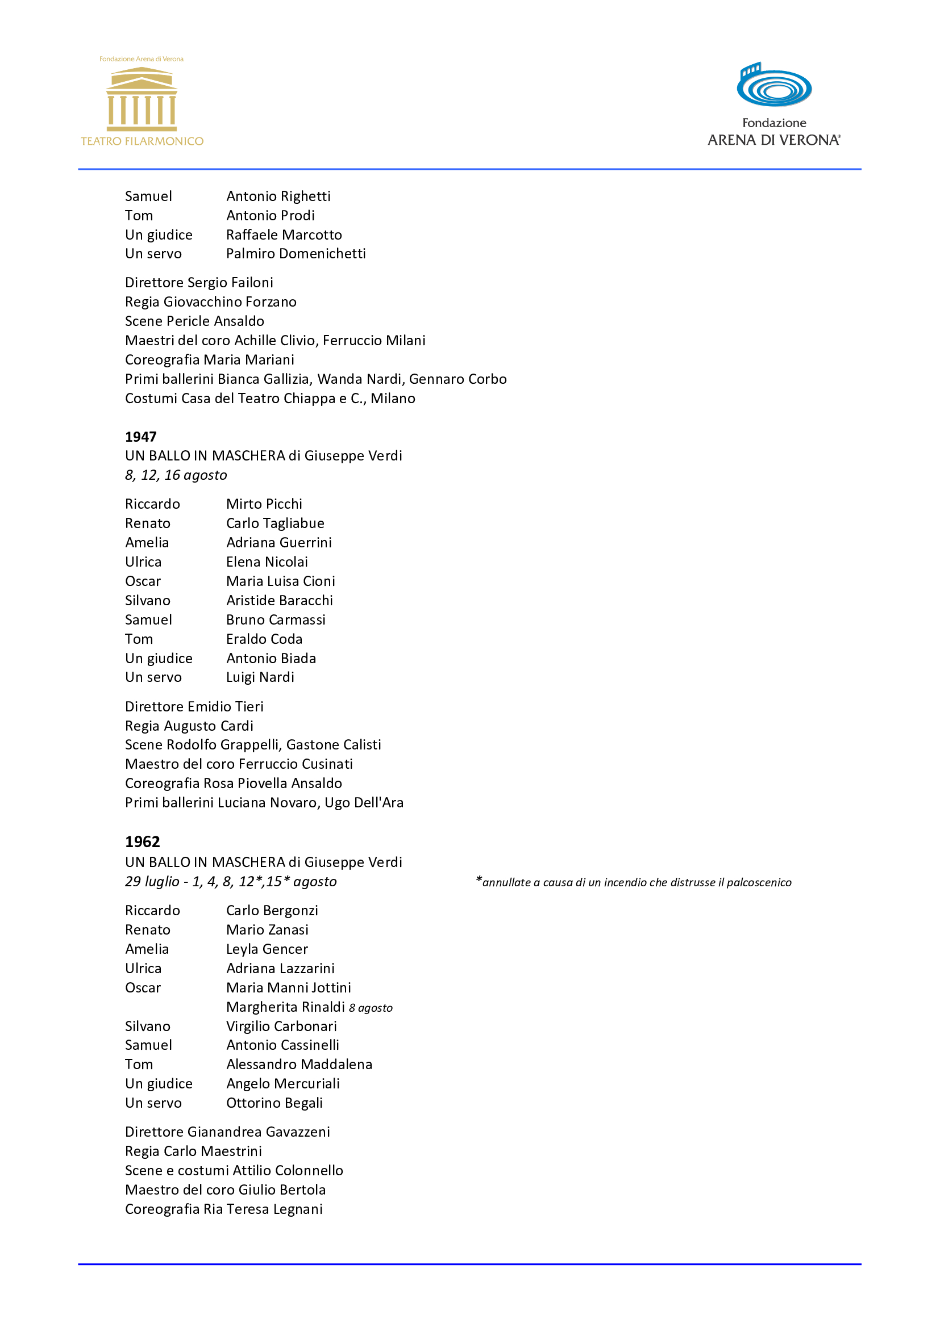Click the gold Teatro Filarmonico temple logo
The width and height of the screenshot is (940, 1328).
tap(142, 99)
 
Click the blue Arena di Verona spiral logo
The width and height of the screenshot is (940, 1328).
tap(774, 86)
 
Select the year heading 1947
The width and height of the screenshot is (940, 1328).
tap(140, 437)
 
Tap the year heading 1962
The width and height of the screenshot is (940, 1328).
tap(143, 841)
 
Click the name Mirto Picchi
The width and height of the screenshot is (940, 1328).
tap(264, 504)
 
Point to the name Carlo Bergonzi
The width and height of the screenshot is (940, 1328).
tap(272, 910)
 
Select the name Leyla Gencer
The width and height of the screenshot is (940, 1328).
tap(267, 949)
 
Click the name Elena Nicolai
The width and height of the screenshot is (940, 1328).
tap(267, 562)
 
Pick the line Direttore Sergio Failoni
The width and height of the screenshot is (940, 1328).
tap(199, 282)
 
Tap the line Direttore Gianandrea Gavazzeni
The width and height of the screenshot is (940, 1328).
tap(227, 1132)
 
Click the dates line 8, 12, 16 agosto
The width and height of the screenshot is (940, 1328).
tap(176, 475)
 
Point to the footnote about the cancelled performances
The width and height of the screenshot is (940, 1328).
tap(633, 882)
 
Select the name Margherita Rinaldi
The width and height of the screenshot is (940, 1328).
tap(285, 1007)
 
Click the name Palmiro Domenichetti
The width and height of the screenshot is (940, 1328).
tap(296, 253)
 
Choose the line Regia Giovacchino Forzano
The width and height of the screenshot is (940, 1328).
tap(211, 302)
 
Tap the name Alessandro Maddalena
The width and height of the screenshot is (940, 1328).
tap(300, 1064)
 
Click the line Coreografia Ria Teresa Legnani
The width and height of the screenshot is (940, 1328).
tap(224, 1209)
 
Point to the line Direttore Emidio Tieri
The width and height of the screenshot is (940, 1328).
tap(194, 706)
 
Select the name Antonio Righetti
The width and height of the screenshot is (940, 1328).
tap(278, 196)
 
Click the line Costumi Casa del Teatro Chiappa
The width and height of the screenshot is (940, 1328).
tap(271, 399)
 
